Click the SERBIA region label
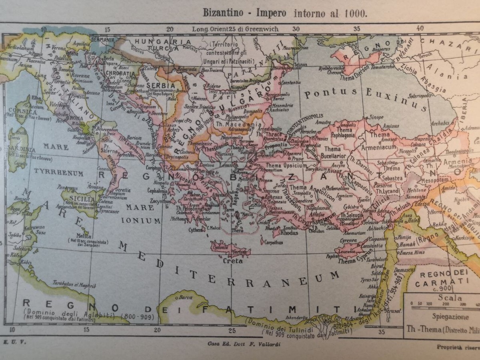click(161, 86)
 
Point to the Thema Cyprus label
click(352, 261)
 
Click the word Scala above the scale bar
click(450, 298)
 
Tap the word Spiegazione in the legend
click(450, 316)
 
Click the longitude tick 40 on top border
click(420, 28)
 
